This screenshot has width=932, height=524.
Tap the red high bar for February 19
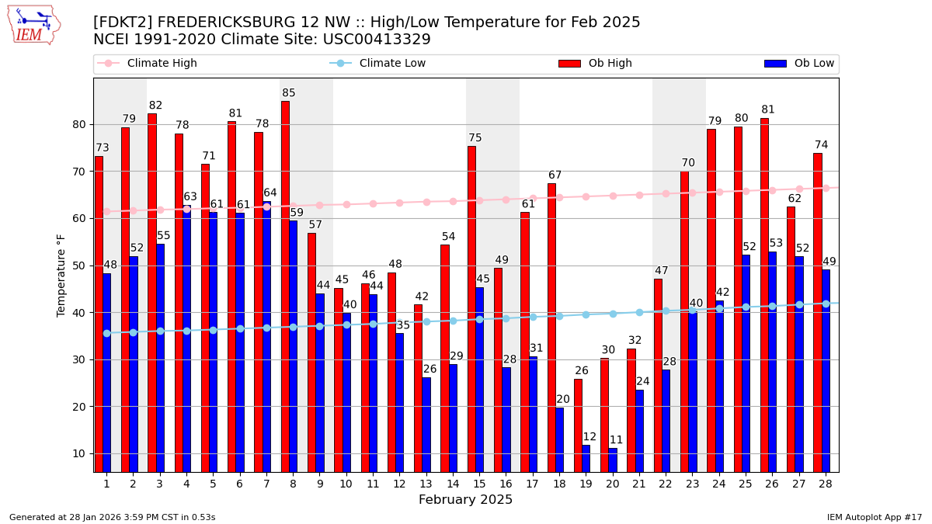tap(578, 425)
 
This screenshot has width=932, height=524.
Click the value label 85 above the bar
tap(289, 93)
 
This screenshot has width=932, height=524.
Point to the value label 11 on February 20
tap(616, 440)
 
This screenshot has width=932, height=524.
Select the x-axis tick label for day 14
tap(452, 484)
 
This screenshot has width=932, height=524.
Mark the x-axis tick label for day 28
tap(825, 484)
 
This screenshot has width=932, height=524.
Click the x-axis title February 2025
tap(465, 500)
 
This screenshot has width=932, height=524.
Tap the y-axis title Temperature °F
tap(62, 275)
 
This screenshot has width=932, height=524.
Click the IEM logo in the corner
tap(33, 25)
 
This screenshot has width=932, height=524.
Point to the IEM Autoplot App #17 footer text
tap(874, 517)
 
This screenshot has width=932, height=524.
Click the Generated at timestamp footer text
tap(112, 517)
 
